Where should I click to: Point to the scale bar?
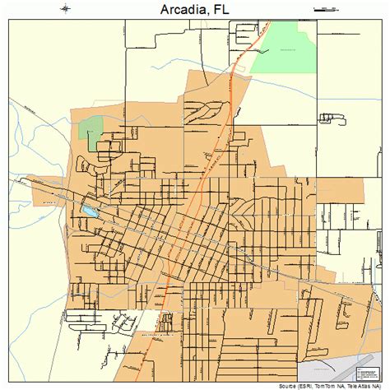click(326, 9)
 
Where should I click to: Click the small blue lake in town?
click(88, 211)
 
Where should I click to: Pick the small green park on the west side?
click(90, 129)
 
